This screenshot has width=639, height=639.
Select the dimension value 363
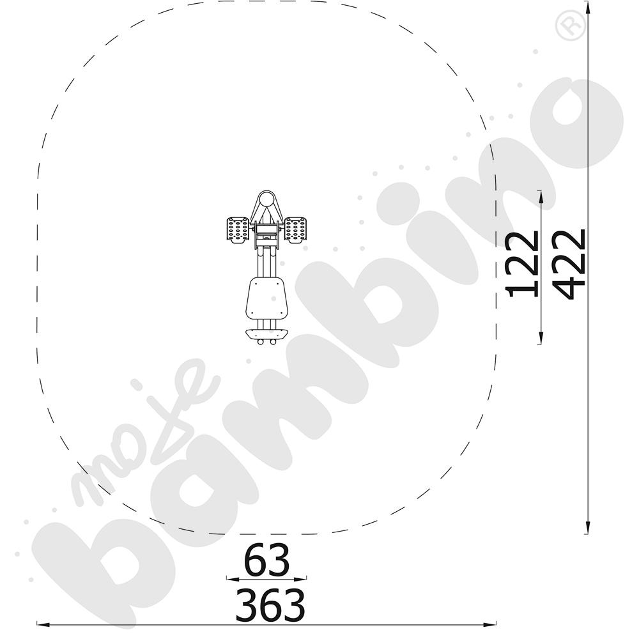(x=270, y=604)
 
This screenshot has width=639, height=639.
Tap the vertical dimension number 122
(x=521, y=263)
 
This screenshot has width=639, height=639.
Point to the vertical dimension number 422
(x=570, y=263)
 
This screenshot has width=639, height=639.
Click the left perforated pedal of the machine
(x=238, y=230)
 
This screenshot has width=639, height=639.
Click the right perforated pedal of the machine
(x=295, y=230)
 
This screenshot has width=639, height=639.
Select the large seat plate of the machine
(x=266, y=298)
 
